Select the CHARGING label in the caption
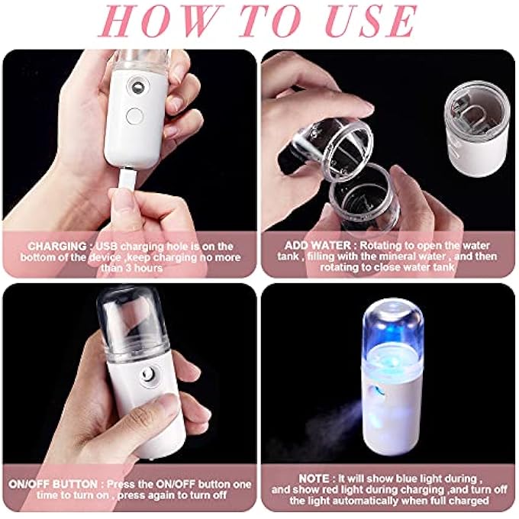56,247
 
